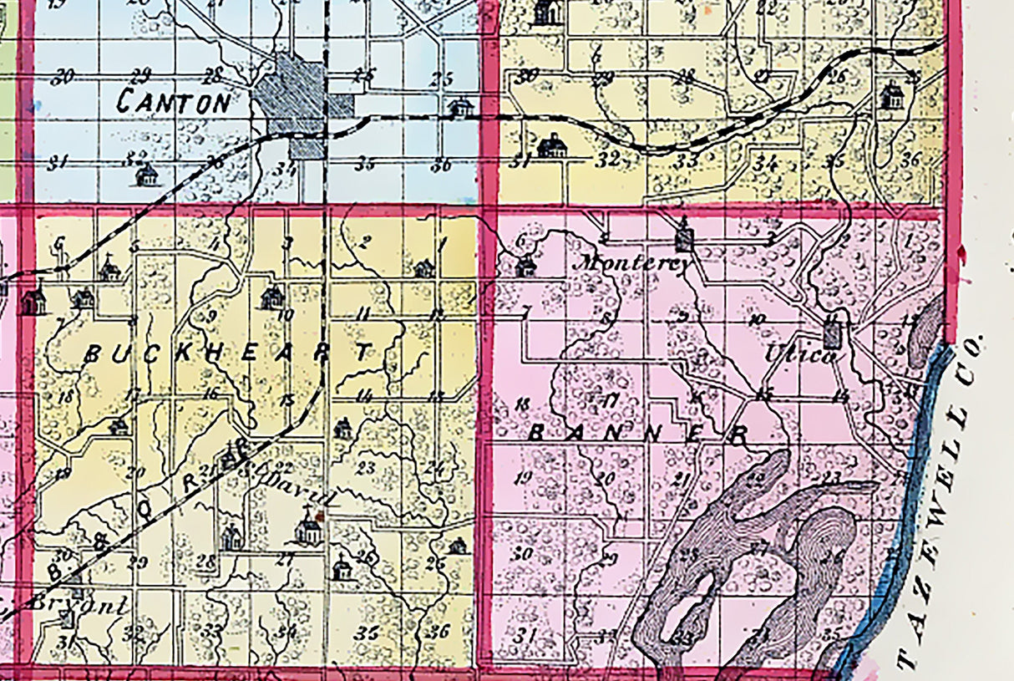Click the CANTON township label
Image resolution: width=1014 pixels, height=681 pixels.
coord(174,103)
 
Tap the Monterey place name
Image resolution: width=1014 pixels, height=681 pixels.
coord(636,261)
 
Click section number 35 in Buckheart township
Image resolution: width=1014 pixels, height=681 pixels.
coord(366,633)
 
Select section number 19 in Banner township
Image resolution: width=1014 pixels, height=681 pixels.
coord(524,479)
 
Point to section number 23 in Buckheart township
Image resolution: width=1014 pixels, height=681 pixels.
coord(365,467)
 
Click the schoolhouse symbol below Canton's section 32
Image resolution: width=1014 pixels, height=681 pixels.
coord(147,175)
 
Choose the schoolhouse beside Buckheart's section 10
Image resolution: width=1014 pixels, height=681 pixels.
coord(272,297)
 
